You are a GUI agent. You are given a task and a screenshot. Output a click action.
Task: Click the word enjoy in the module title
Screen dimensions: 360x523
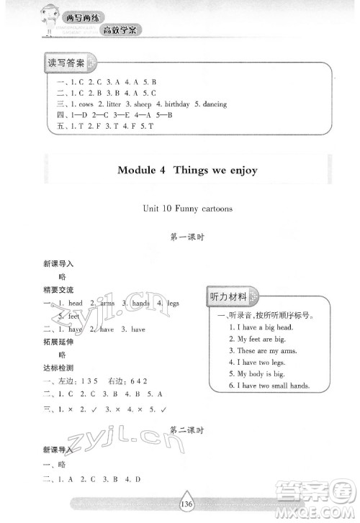tap(238, 171)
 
